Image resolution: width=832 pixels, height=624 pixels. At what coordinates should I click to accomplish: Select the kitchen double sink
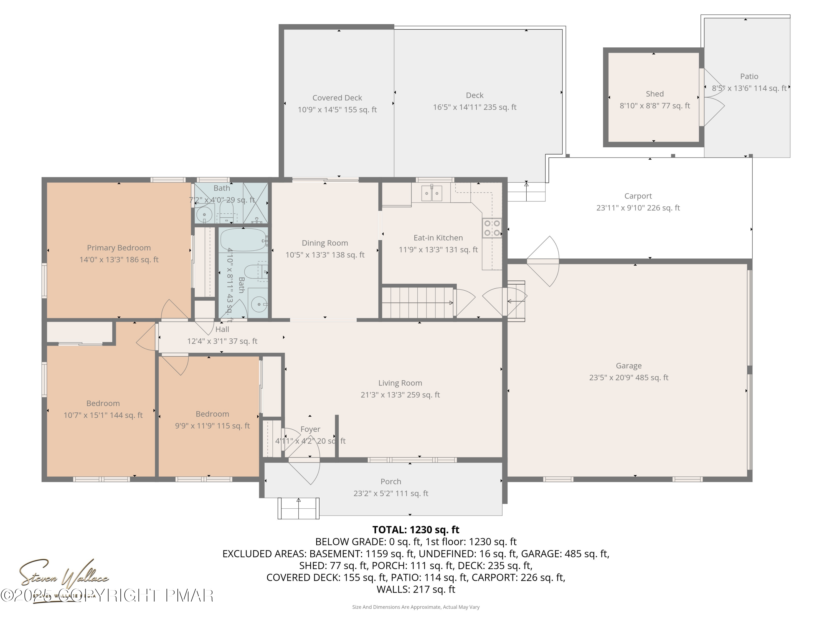pos(432,193)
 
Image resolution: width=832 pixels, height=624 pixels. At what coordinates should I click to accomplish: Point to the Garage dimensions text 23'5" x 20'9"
pos(628,378)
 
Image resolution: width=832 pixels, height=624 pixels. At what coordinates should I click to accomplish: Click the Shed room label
pos(655,94)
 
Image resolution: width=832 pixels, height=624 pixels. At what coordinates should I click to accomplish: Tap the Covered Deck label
pos(337,98)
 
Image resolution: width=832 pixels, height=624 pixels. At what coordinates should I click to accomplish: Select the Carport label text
pos(638,196)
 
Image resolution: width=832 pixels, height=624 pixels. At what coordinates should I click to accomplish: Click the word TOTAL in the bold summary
pos(389,530)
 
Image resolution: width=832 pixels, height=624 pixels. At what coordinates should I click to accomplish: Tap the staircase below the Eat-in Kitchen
pos(417,302)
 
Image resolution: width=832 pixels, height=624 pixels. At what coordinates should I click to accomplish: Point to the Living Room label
pos(400,383)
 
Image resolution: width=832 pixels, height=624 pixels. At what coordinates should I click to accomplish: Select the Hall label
pos(222,329)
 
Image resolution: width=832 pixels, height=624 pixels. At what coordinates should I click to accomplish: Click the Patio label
pos(749,76)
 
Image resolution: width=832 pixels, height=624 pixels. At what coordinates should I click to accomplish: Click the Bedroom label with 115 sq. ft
pos(212,414)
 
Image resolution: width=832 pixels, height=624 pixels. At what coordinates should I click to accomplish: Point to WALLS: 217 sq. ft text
pos(416,589)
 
